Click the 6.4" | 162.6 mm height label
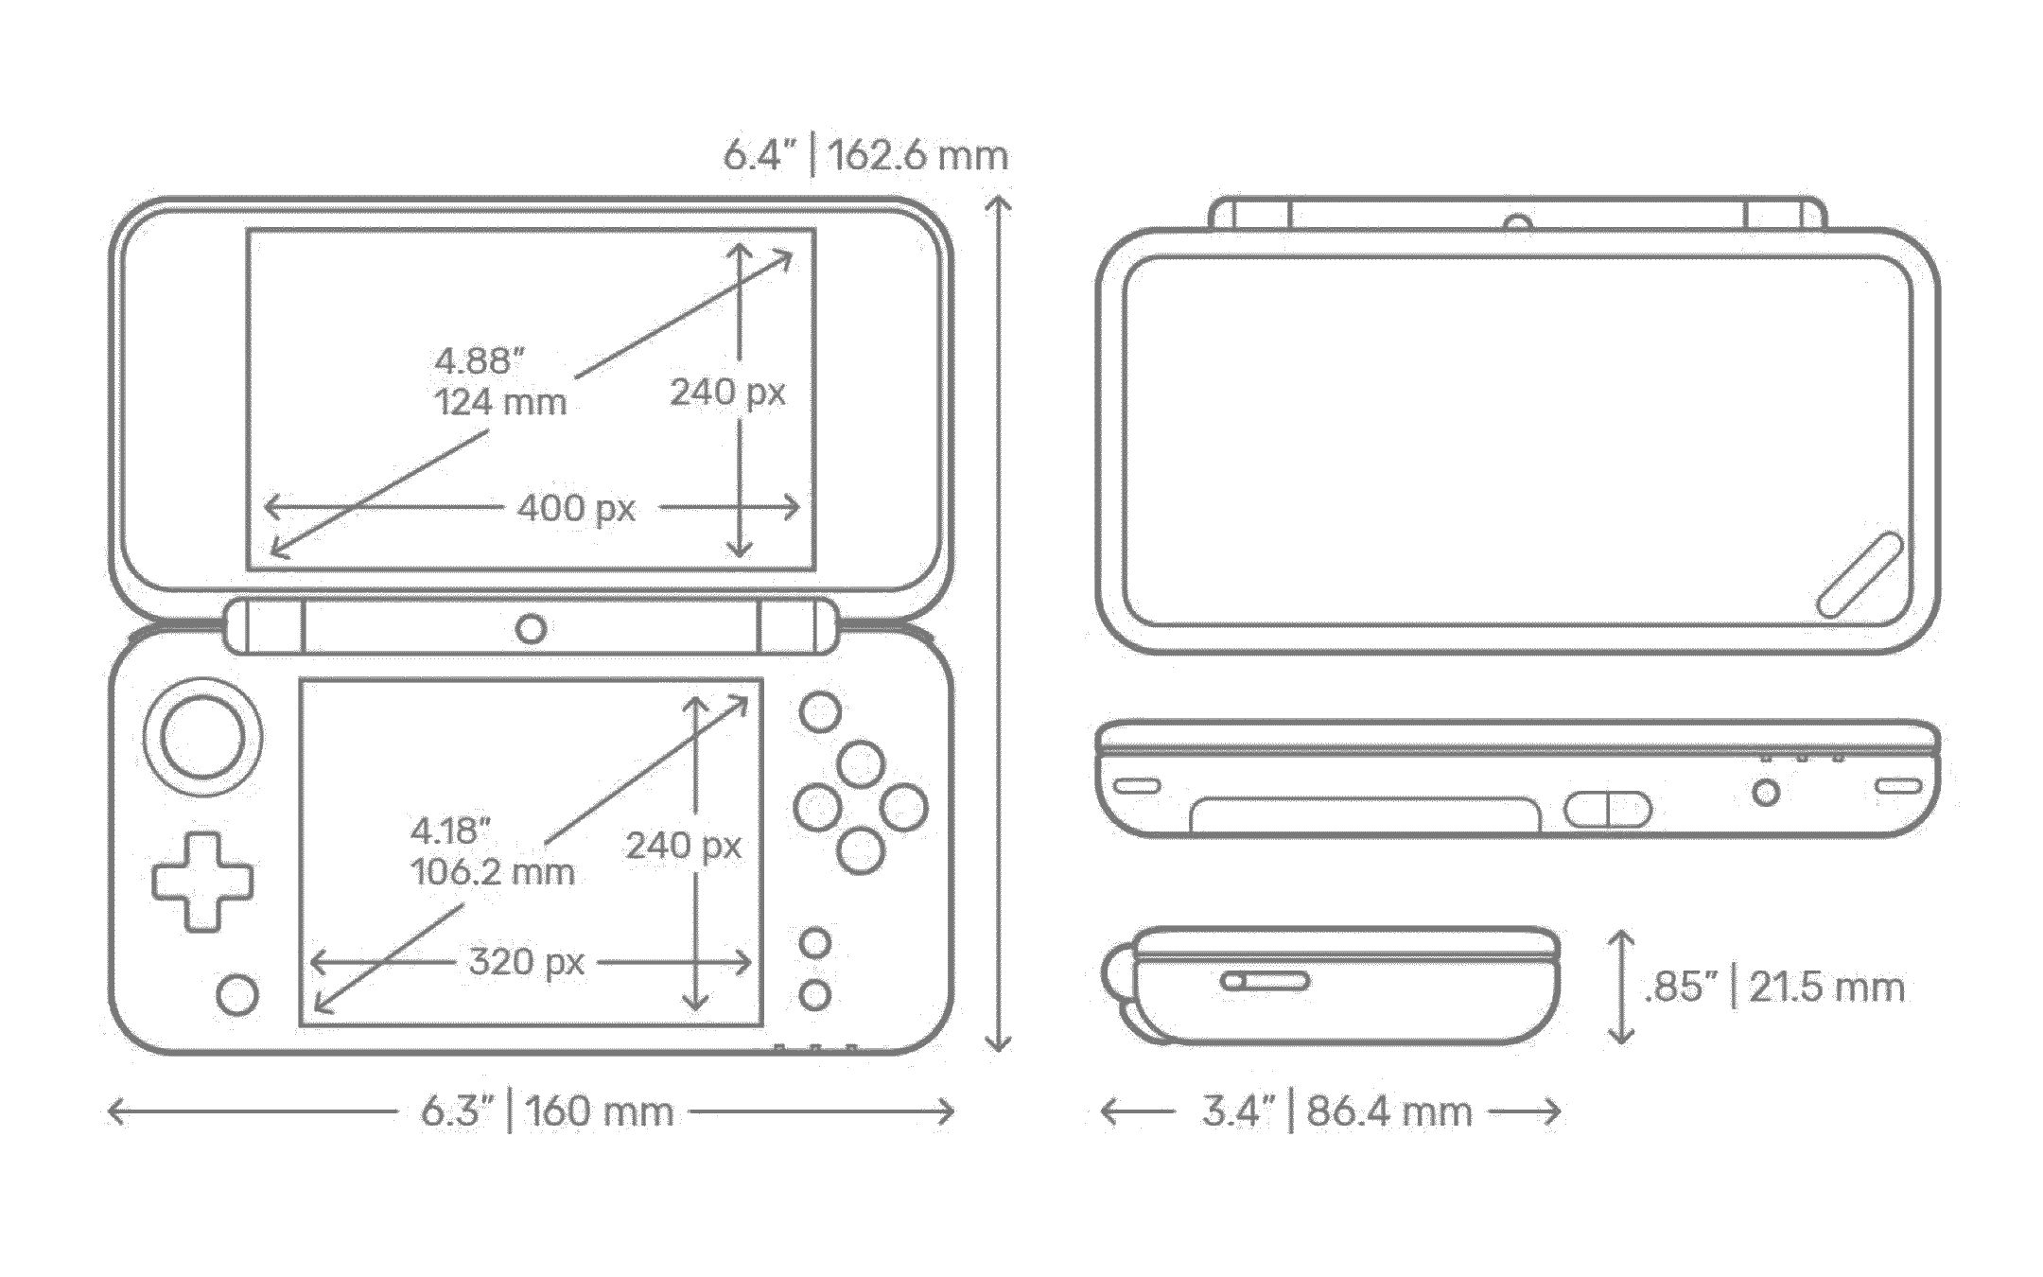[865, 155]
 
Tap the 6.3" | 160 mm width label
[547, 1111]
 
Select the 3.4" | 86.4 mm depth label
[1336, 1111]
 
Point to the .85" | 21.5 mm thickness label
[1774, 987]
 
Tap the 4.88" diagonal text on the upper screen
[480, 360]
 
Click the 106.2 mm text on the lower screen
[492, 871]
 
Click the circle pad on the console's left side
[203, 736]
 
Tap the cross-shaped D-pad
[202, 881]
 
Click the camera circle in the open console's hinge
[531, 628]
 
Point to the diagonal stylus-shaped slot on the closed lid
[1860, 575]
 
